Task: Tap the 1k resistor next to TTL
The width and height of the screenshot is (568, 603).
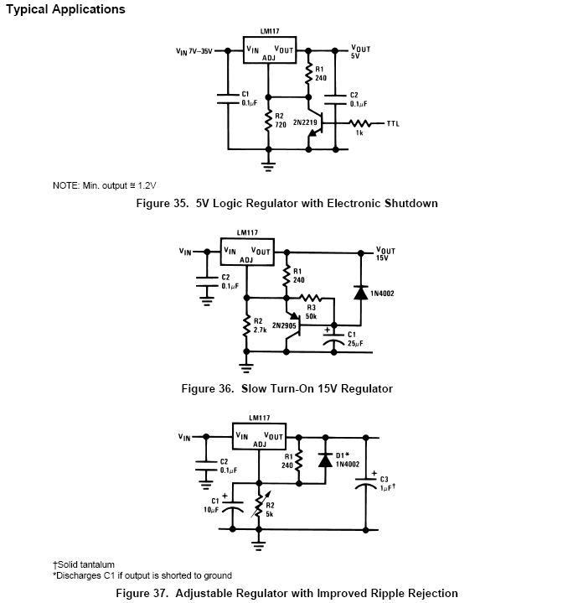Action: [x=360, y=123]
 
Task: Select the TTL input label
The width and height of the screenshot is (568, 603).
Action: [x=393, y=124]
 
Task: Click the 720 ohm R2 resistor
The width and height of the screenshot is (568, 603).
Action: [x=268, y=121]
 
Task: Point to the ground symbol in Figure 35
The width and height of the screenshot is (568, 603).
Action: [x=268, y=167]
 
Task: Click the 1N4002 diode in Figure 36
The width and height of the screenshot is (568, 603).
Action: [x=360, y=293]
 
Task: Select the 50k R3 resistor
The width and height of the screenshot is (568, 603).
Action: [x=310, y=298]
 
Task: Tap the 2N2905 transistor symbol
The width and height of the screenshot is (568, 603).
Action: [x=294, y=325]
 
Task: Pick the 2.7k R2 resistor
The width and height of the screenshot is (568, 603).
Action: [x=246, y=326]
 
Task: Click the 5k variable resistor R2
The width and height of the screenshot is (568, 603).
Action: [x=260, y=504]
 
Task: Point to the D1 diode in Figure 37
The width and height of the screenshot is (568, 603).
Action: [x=325, y=460]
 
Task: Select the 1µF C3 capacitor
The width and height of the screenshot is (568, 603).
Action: [x=365, y=483]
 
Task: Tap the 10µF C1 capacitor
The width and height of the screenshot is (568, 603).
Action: [x=232, y=506]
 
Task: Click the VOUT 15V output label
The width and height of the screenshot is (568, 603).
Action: [x=385, y=254]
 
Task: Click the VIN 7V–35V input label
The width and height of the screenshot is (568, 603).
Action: [x=194, y=51]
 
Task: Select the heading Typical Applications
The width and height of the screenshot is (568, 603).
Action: [x=65, y=9]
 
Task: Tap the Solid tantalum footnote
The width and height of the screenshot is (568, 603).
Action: [x=84, y=564]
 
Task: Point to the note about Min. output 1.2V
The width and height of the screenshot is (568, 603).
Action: [x=105, y=185]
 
